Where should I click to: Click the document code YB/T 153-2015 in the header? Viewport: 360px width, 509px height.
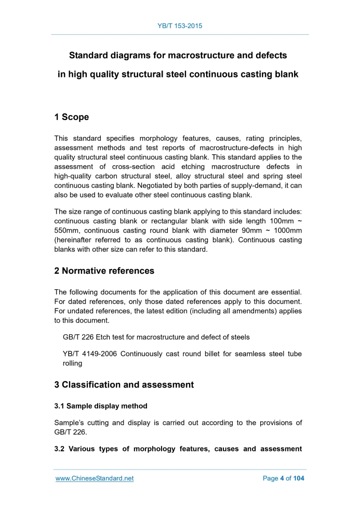[x=180, y=25]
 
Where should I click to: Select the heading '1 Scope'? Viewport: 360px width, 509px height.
[x=72, y=117]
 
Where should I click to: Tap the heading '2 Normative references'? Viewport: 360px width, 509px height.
[x=104, y=271]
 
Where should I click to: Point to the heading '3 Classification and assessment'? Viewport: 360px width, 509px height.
[x=124, y=385]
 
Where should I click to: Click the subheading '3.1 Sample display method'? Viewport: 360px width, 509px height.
[x=101, y=406]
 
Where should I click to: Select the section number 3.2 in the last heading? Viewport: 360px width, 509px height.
[x=60, y=449]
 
